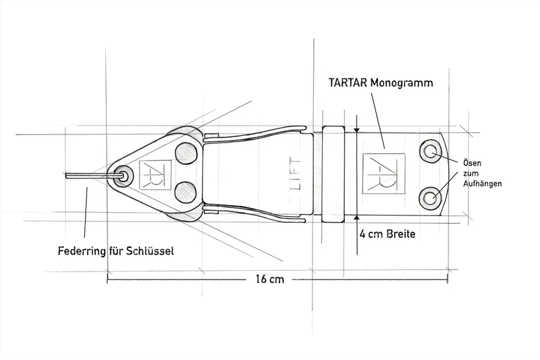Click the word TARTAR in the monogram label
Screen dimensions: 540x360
pyautogui.click(x=348, y=83)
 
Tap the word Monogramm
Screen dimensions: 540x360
pyautogui.click(x=402, y=83)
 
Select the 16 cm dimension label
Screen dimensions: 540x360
pyautogui.click(x=269, y=279)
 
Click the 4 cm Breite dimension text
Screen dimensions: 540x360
pyautogui.click(x=387, y=234)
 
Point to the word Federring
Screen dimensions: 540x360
pyautogui.click(x=82, y=251)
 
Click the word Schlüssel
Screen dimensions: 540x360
pyautogui.click(x=150, y=251)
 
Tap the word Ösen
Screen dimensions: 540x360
pyautogui.click(x=472, y=163)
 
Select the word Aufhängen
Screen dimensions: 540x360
pyautogui.click(x=482, y=184)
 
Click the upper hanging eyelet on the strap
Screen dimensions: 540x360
pyautogui.click(x=431, y=151)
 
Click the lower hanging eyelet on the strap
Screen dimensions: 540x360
pyautogui.click(x=431, y=198)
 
